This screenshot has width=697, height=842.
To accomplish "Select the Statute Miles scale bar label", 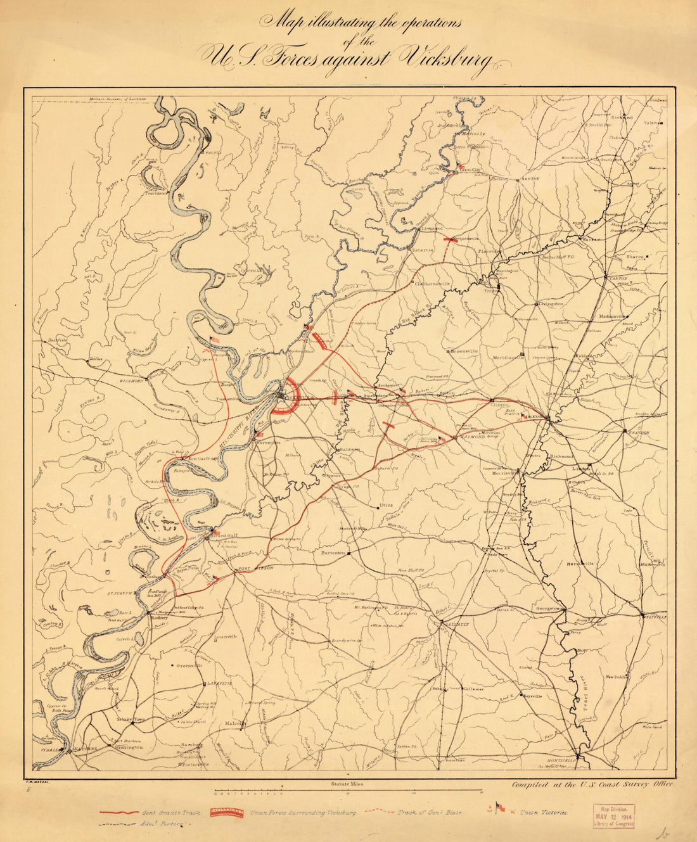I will [347, 784].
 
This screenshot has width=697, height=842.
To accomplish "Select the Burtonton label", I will [332, 552].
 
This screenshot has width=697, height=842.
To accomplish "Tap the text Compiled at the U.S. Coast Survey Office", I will [594, 784].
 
